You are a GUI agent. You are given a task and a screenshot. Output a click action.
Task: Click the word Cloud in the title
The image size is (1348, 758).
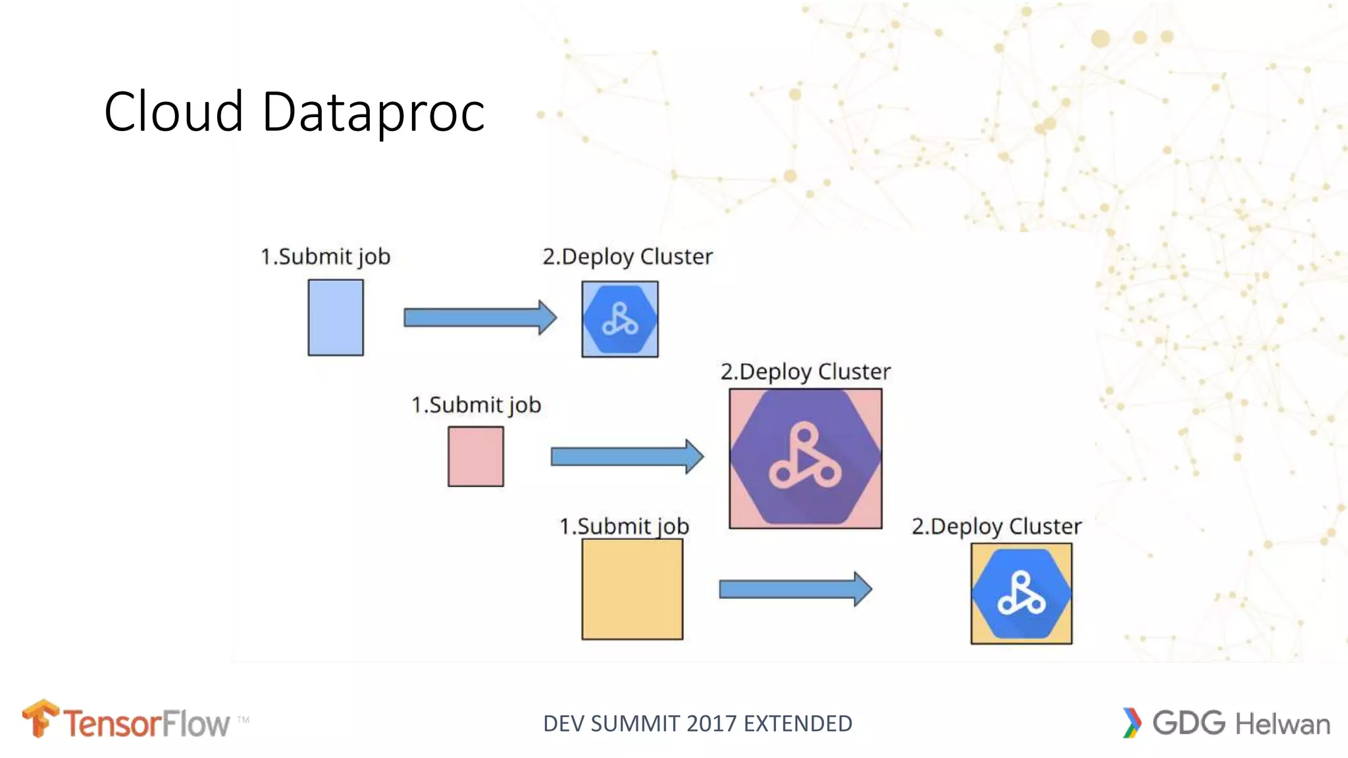[x=174, y=112]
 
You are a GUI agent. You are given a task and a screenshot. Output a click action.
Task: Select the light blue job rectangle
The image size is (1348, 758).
[x=336, y=318]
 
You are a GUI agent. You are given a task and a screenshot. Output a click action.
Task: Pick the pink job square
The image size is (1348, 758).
[x=475, y=456]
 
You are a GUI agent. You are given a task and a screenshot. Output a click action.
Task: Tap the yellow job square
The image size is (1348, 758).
[x=632, y=589]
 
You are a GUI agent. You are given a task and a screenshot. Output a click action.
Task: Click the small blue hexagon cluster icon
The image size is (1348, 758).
[x=620, y=319]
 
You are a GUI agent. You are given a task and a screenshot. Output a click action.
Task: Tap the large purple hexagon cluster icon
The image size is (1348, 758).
[x=806, y=458]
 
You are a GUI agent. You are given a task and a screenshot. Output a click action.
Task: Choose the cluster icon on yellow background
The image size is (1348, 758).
[x=1021, y=594]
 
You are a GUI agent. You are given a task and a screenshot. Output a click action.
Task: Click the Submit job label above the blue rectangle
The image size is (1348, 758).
[x=326, y=257]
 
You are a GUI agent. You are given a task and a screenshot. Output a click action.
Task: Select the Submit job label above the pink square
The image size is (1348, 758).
[x=476, y=405]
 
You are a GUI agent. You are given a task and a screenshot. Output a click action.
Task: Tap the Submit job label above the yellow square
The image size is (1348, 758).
[x=624, y=526]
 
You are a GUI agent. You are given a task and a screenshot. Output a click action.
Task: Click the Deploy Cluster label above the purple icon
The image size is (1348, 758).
[x=806, y=372]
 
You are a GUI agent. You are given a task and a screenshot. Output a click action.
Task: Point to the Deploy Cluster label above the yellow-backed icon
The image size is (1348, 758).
[x=997, y=526]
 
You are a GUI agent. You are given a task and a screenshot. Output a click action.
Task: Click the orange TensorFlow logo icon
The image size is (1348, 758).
[x=40, y=719]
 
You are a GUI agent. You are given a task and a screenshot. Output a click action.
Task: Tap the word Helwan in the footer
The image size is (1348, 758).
[x=1282, y=724]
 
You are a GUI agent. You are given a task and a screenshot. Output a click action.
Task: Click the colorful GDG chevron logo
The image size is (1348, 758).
[x=1131, y=722]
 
